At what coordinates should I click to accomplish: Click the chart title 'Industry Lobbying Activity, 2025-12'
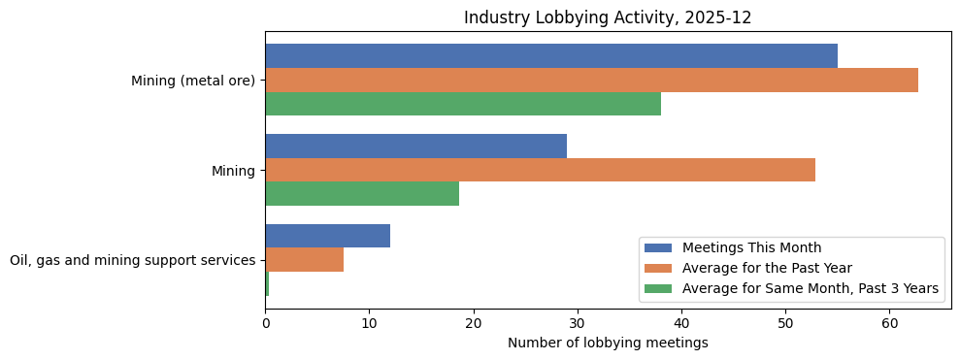coord(608,17)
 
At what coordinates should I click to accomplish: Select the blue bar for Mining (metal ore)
coord(550,56)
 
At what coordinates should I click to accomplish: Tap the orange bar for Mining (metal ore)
coord(591,81)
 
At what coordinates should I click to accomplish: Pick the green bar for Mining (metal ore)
coord(462,104)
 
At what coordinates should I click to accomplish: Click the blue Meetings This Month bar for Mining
coord(415,147)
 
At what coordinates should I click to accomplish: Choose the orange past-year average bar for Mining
coord(540,170)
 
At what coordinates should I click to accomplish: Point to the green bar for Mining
coord(361,194)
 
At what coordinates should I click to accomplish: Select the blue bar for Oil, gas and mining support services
coord(327,236)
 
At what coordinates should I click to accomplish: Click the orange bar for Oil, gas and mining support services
coord(304,260)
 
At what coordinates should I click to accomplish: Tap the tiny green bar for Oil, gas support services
coord(267,284)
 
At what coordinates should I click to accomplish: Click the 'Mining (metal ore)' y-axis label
coord(193,81)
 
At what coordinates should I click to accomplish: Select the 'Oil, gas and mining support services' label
coord(132,260)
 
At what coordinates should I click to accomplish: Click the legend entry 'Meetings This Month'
coord(751,247)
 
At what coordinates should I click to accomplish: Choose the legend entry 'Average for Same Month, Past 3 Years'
coord(810,288)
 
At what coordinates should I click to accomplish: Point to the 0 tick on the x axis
coord(265,324)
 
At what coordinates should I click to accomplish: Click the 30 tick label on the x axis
coord(578,324)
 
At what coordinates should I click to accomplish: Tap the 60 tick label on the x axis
coord(889,324)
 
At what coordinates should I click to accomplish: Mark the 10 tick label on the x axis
coord(369,324)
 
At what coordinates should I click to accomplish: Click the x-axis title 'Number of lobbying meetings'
coord(608,343)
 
